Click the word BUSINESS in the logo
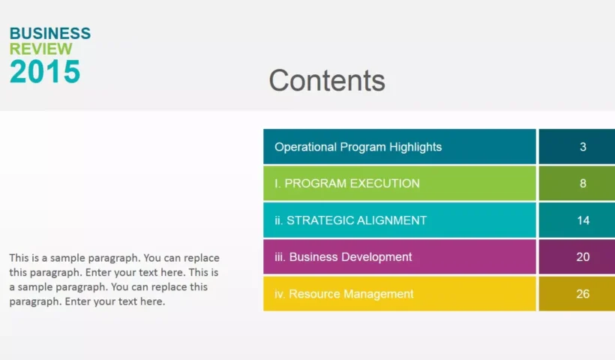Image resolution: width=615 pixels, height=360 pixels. pos(50,34)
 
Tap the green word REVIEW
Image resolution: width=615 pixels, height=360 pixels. pos(40,49)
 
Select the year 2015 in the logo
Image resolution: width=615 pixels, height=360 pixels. pos(45,71)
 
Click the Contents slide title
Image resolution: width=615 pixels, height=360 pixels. pos(327,81)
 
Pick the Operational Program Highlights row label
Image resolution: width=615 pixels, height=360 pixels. pos(358,147)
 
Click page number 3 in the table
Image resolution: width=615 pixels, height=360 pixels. pos(583,147)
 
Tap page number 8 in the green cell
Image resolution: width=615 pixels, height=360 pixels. pos(583,184)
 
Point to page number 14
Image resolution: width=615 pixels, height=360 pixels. pos(583,220)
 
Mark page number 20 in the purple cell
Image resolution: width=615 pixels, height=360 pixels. pos(583,256)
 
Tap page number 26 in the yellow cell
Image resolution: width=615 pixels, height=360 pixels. pos(583,294)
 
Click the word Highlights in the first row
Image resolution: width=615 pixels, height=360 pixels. pos(415,147)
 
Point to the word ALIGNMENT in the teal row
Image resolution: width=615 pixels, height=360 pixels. pos(391,220)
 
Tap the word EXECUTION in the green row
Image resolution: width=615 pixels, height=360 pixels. pos(385,184)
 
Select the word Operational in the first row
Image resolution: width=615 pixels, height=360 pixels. pos(305,147)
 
